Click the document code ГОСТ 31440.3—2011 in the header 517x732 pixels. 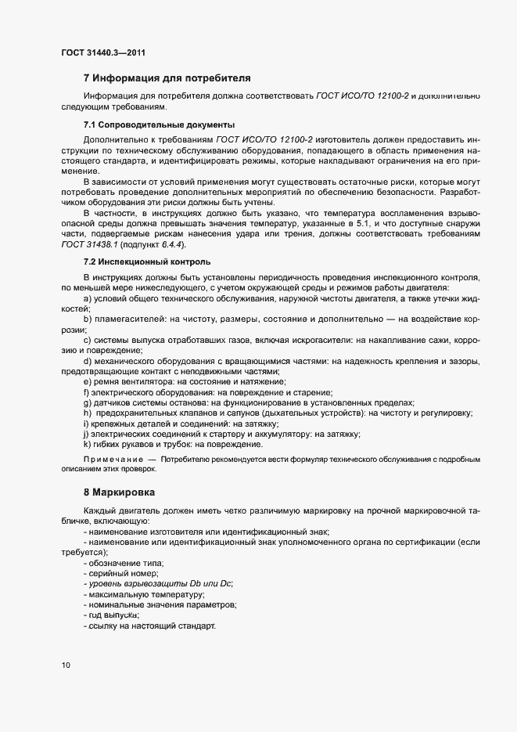point(103,53)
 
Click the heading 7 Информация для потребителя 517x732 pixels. point(167,78)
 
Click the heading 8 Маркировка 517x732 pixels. point(119,492)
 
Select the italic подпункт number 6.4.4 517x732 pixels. point(171,244)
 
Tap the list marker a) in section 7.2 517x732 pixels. point(88,300)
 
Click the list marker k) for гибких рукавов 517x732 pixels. point(87,444)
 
